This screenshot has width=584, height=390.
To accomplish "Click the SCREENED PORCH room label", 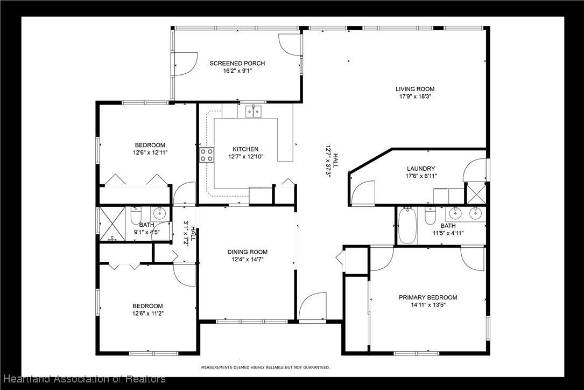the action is [237, 64].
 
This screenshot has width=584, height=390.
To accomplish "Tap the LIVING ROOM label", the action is [415, 89].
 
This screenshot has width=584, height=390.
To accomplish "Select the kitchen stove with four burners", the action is [207, 155].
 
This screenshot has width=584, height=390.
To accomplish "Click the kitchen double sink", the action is [254, 111].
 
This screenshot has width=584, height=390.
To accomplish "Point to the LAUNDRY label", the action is [421, 169].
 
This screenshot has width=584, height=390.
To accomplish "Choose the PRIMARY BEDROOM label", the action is [428, 297].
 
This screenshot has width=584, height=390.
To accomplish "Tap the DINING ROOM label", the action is [247, 252].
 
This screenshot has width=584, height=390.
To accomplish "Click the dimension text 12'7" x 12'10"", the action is [246, 157].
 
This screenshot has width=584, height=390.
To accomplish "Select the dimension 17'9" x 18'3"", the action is [415, 96].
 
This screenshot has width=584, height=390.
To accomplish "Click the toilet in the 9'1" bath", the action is [136, 215].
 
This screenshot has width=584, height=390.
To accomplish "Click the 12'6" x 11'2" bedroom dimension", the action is [148, 314].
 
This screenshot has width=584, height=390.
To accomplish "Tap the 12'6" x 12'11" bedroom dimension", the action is [150, 152].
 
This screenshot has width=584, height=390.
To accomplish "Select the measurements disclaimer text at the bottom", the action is [265, 367].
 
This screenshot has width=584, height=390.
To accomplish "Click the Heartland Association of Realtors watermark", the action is [83, 379].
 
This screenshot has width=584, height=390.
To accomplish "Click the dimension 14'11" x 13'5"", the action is [428, 305].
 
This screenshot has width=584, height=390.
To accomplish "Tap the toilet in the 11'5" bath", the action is [430, 216].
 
